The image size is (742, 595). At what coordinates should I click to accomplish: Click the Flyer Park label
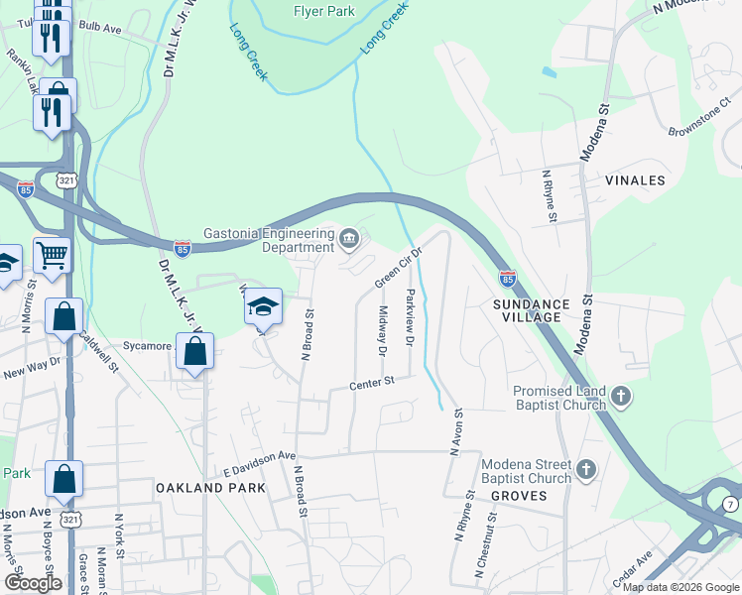(322, 11)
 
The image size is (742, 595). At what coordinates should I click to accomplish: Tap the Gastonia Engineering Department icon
(349, 238)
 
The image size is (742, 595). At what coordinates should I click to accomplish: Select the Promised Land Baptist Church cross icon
(621, 398)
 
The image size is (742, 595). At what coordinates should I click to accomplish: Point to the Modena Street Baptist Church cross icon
(586, 469)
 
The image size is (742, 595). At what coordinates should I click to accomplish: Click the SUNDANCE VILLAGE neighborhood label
(532, 310)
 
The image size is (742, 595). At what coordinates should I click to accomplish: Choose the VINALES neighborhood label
(634, 180)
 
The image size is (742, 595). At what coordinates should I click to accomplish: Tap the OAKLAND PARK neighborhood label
(210, 488)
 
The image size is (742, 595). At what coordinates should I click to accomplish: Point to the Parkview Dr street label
(409, 317)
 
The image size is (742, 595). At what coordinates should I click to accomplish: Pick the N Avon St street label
(456, 432)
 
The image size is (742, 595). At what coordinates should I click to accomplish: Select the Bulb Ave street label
(99, 27)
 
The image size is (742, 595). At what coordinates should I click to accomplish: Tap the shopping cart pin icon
(52, 256)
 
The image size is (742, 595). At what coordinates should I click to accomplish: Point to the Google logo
(34, 582)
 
